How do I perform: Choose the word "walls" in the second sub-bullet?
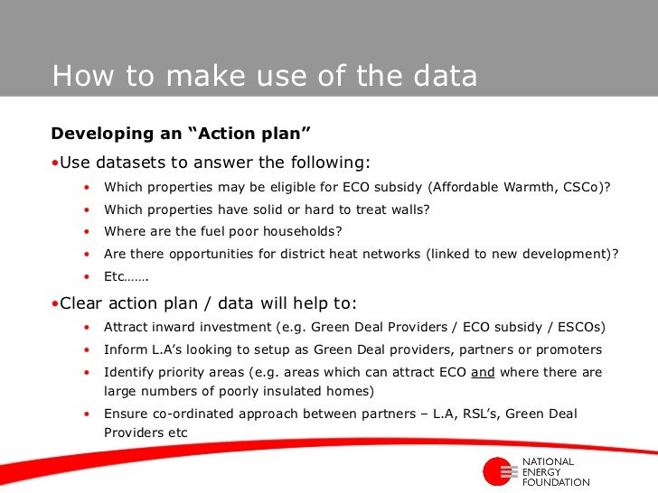click(x=405, y=209)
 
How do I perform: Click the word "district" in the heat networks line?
click(x=296, y=255)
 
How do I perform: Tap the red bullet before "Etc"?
click(x=87, y=277)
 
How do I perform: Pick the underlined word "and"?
click(x=483, y=372)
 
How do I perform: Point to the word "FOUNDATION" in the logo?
click(x=556, y=482)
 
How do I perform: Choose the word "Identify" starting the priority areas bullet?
click(x=129, y=372)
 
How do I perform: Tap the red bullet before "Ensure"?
click(x=87, y=414)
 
